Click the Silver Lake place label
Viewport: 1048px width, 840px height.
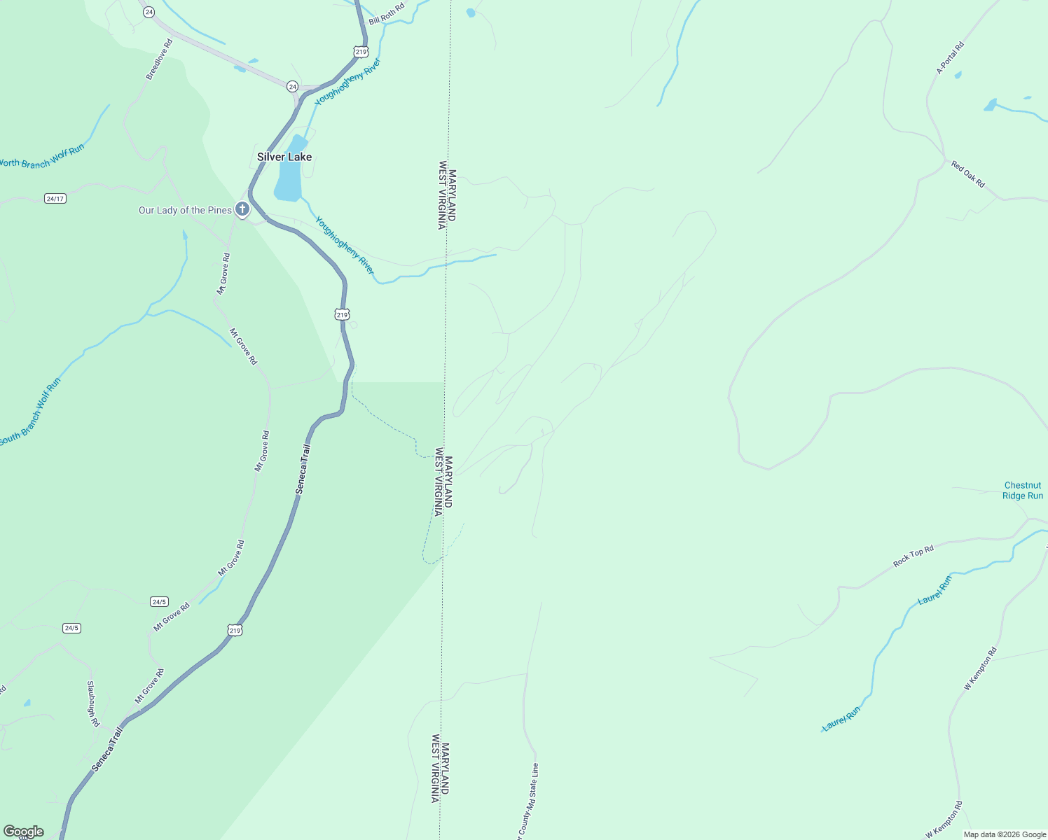point(284,157)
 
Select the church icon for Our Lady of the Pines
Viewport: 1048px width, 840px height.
point(242,209)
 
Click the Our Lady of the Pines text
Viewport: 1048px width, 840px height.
point(185,210)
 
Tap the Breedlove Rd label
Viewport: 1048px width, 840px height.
point(159,59)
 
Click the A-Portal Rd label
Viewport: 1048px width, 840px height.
point(951,58)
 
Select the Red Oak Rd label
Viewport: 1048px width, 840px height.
point(968,174)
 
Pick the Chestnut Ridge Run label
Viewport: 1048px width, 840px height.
point(1023,490)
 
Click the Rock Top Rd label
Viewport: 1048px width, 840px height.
point(913,556)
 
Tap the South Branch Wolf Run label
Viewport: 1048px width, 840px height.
point(30,412)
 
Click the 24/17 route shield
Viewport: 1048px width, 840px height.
point(55,199)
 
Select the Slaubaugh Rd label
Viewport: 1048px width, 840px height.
point(92,703)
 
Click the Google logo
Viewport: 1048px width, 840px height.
point(23,832)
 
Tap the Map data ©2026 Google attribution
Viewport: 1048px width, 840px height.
point(1005,834)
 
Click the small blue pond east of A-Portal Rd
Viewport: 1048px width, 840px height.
point(990,105)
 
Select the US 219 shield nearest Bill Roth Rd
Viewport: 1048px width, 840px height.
point(361,52)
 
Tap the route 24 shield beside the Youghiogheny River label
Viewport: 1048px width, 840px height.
point(292,86)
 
